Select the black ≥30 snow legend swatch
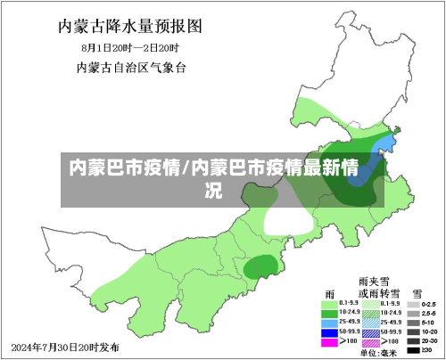[x=415, y=350]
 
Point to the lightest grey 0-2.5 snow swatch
[x=415, y=304]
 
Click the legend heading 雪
[x=417, y=291]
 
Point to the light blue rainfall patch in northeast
[x=381, y=147]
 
